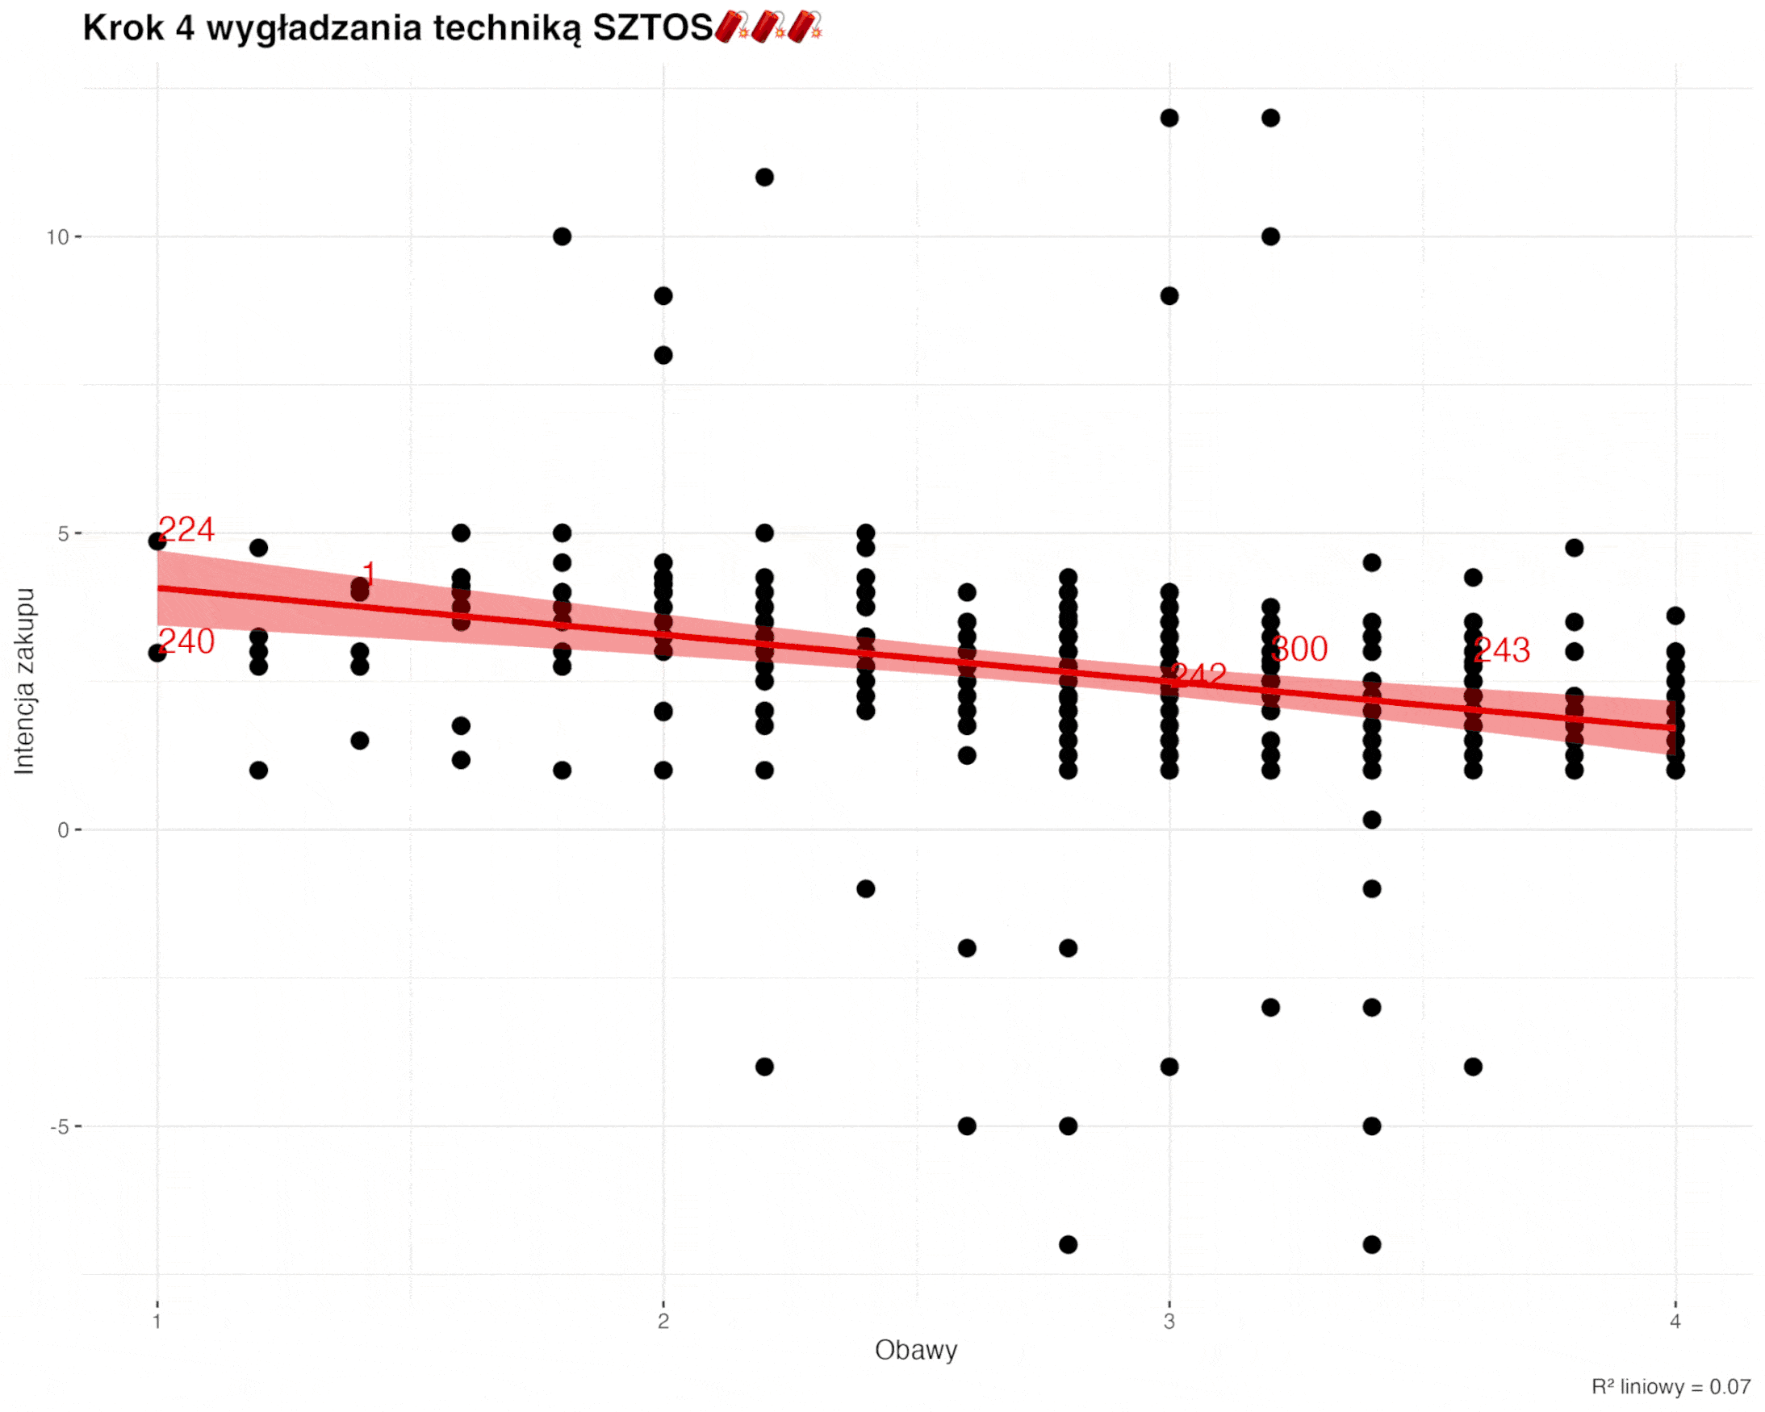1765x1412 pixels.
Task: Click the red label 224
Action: click(186, 529)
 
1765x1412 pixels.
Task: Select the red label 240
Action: click(186, 641)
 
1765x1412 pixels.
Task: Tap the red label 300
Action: click(1299, 649)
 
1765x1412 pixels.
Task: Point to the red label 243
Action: click(1501, 651)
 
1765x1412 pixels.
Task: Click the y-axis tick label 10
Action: click(57, 237)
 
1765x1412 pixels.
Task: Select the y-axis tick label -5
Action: click(60, 1127)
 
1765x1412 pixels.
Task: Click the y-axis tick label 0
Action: click(63, 831)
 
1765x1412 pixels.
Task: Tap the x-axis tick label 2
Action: click(663, 1321)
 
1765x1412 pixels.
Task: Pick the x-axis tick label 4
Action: click(1675, 1321)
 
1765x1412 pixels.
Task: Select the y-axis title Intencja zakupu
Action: click(24, 681)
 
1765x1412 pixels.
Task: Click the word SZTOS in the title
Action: click(652, 29)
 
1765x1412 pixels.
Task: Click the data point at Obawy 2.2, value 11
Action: click(764, 178)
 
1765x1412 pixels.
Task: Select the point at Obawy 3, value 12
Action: click(1169, 119)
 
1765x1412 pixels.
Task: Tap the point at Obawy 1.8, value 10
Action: click(563, 237)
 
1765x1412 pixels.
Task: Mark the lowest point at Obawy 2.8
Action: click(1069, 1245)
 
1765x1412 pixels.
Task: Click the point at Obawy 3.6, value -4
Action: click(1473, 1067)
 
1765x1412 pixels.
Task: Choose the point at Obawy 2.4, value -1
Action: click(865, 889)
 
